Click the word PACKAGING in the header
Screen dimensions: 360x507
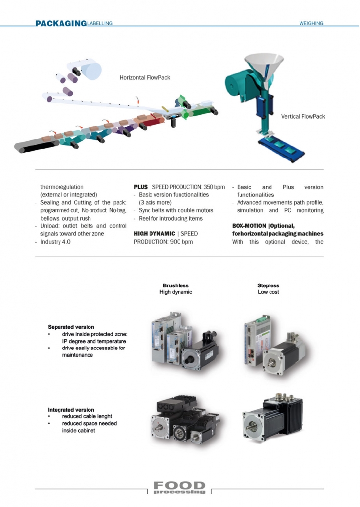61,23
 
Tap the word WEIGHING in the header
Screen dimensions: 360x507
311,23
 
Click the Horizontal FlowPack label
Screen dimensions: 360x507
145,78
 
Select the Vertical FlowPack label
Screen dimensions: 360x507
303,116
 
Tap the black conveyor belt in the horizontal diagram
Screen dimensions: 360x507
35,146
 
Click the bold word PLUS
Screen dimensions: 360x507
141,187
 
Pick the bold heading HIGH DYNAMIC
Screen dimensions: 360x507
154,234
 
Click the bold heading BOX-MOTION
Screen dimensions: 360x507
249,226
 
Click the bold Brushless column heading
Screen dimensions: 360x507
176,285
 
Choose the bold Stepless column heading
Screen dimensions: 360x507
268,285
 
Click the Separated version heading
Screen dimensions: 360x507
71,327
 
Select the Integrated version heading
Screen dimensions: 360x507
71,410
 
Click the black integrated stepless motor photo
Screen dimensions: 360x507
273,417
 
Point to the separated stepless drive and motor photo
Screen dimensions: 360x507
275,346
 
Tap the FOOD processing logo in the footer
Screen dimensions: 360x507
180,488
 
